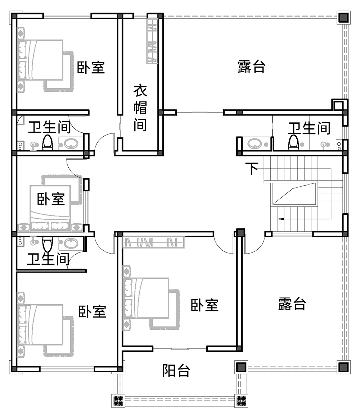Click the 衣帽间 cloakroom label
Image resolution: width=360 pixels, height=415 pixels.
click(x=140, y=108)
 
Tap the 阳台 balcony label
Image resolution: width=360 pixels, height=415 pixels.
click(x=176, y=370)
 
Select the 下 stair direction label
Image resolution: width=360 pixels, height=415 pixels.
click(x=252, y=168)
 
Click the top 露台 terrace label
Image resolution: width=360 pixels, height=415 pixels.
click(x=251, y=66)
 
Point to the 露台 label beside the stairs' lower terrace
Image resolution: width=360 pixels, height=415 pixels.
click(x=292, y=304)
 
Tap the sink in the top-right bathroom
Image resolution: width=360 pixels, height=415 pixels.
click(x=255, y=144)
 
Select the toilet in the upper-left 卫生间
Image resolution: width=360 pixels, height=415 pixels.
click(x=48, y=142)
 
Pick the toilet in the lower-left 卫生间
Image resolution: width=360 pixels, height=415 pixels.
click(x=48, y=245)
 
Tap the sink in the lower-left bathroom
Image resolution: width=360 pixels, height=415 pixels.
click(x=71, y=243)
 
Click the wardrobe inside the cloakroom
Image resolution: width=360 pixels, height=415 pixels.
click(x=152, y=41)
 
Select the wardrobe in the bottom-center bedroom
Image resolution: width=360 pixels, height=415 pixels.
click(x=154, y=242)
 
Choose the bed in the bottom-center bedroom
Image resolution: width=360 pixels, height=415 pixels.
click(x=146, y=298)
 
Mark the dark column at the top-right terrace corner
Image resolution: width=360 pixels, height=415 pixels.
click(x=343, y=18)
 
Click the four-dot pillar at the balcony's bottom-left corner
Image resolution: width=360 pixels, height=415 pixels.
click(x=118, y=401)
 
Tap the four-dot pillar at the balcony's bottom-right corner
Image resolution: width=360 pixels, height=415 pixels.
click(x=241, y=401)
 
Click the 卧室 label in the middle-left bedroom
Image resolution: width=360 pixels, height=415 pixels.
click(x=51, y=199)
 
